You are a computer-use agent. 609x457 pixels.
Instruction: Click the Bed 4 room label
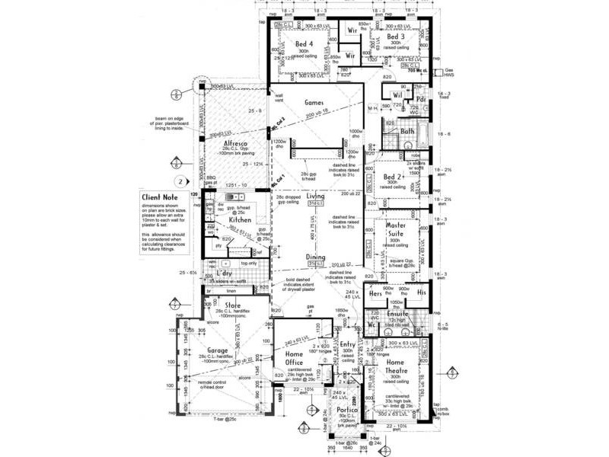[x=304, y=44]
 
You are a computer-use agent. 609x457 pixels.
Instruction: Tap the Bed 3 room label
[x=395, y=37]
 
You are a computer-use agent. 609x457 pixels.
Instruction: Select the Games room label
[x=314, y=101]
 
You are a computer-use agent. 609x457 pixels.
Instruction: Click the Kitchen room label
[x=240, y=220]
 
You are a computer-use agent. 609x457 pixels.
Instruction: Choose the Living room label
[x=315, y=197]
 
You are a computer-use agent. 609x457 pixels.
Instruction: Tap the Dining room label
[x=315, y=257]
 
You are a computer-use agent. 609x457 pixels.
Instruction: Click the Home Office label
[x=294, y=358]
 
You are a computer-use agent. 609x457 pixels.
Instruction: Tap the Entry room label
[x=347, y=345]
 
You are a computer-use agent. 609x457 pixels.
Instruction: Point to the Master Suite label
[x=395, y=230]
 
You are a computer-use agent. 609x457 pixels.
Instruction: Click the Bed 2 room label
[x=393, y=177]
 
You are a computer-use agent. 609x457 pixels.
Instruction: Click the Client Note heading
[x=158, y=197]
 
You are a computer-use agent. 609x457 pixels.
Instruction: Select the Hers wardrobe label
[x=375, y=293]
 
